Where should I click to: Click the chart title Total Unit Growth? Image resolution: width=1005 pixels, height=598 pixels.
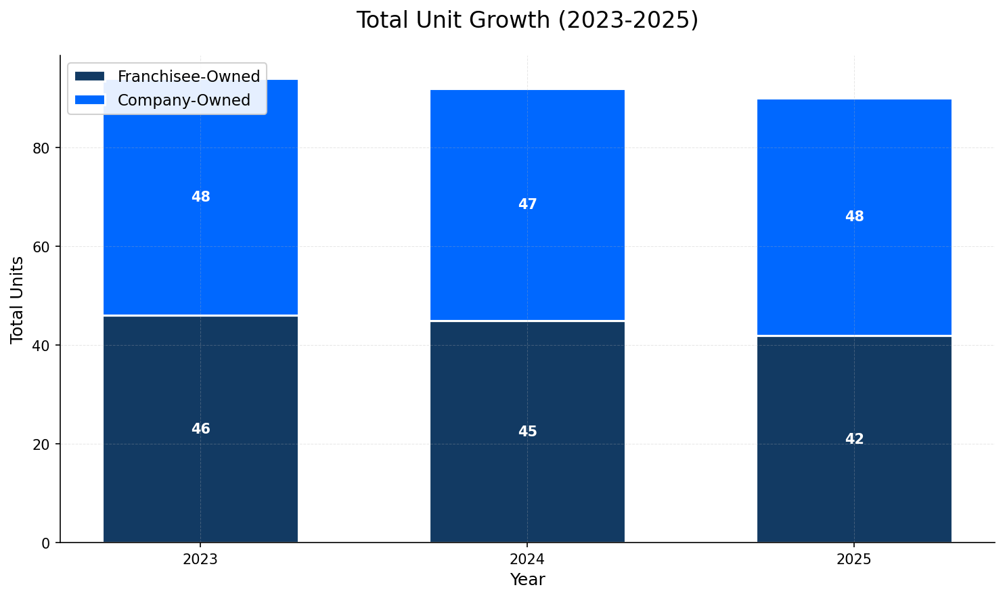(x=527, y=20)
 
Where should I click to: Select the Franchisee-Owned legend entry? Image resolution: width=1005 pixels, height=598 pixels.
(x=188, y=76)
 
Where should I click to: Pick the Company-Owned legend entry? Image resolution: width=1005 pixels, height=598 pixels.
(x=183, y=100)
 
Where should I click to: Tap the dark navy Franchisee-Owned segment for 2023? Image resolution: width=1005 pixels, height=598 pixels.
(x=200, y=474)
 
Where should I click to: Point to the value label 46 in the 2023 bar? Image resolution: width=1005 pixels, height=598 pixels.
(x=200, y=429)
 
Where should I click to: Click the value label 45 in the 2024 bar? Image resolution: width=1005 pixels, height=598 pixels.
(x=527, y=432)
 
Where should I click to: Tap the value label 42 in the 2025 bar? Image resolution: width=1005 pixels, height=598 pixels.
(x=854, y=439)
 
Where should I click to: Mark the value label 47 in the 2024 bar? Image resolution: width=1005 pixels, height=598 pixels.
(x=527, y=204)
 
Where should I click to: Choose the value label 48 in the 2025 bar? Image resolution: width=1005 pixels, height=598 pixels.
(x=854, y=216)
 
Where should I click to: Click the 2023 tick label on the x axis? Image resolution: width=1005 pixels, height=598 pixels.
(x=200, y=560)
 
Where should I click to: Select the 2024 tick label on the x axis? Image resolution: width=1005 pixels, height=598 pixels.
(x=527, y=560)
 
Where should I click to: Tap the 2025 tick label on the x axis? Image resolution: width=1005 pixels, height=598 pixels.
(x=854, y=560)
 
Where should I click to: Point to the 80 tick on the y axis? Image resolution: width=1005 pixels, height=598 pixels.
(x=42, y=148)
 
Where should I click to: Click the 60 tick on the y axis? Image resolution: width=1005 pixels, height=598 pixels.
(x=42, y=247)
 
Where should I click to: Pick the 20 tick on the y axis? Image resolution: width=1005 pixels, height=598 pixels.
(x=42, y=444)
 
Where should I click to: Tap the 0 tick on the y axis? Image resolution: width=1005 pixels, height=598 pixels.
(x=46, y=543)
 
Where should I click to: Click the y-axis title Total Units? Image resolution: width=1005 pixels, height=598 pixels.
(x=18, y=300)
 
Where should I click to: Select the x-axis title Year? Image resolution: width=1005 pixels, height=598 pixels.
(x=527, y=580)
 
